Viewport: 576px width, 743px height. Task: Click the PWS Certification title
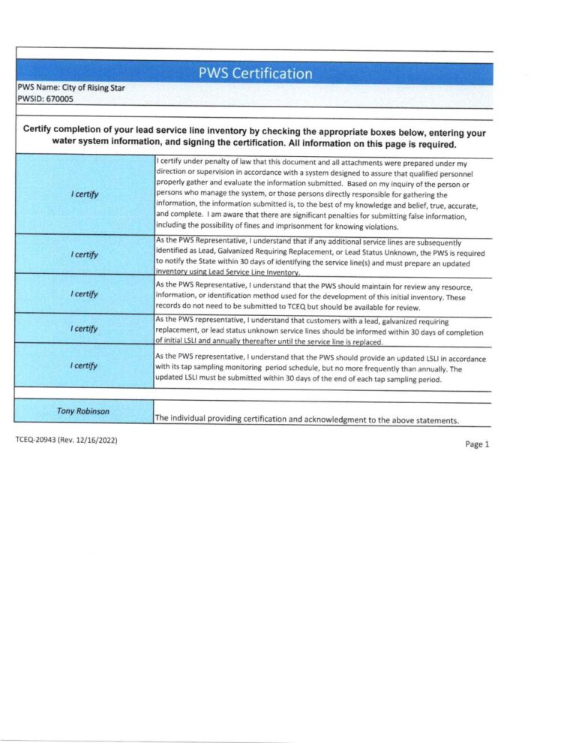(x=255, y=74)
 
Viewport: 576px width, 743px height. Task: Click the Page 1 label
(x=476, y=444)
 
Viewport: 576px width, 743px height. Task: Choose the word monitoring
(x=264, y=369)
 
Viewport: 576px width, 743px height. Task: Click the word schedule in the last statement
(x=325, y=369)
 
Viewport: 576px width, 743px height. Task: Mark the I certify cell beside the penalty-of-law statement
(x=85, y=195)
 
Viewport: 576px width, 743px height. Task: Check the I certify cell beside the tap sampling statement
(x=85, y=365)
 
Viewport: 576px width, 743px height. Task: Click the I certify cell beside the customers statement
(x=85, y=329)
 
